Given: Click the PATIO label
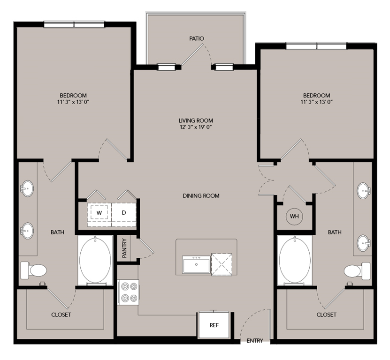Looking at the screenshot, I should click(196, 38).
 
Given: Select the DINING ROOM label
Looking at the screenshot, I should click(201, 195).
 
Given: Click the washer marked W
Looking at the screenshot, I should click(99, 213).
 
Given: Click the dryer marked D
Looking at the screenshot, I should click(124, 213).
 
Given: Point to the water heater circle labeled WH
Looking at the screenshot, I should click(294, 216).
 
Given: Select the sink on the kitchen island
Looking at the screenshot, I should click(196, 264).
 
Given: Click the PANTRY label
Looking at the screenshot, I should click(124, 247).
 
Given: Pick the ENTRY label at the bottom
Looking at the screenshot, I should click(255, 341).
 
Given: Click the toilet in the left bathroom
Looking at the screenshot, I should click(33, 270).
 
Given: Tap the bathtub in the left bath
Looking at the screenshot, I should click(95, 261).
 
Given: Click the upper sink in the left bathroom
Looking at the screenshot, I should click(27, 189).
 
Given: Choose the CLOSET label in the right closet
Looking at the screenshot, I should click(326, 315).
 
